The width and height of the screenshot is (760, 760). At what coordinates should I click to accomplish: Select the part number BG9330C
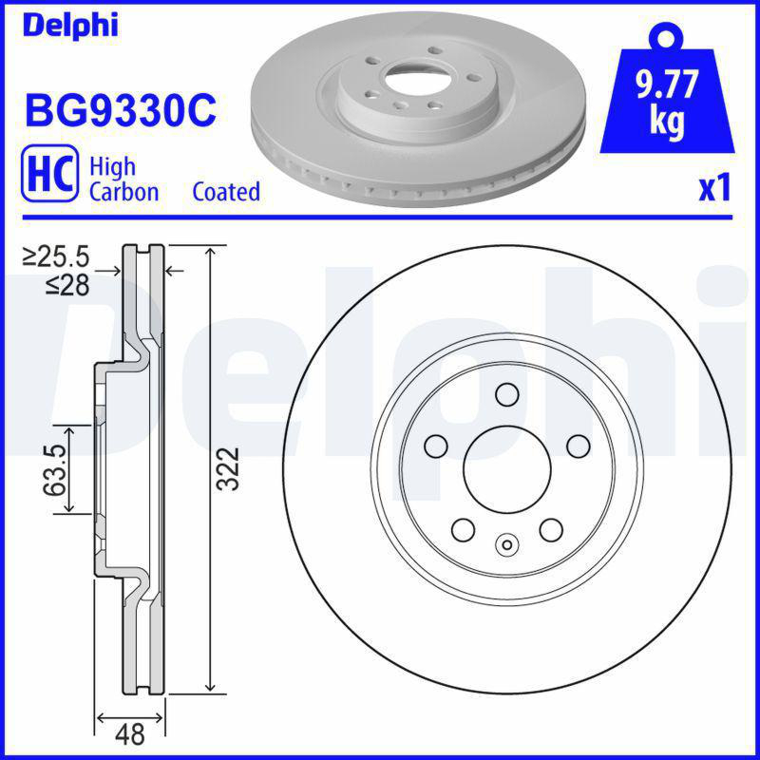(120, 111)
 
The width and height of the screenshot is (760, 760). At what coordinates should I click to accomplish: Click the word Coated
(226, 192)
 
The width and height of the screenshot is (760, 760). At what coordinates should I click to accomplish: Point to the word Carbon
(123, 192)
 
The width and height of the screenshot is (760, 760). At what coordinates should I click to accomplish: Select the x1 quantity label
(714, 188)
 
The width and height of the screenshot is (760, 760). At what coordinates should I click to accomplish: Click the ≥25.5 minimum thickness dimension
(56, 256)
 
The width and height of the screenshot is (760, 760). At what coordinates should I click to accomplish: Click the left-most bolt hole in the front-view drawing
(436, 445)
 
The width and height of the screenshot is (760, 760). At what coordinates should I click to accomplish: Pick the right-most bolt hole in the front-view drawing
(577, 445)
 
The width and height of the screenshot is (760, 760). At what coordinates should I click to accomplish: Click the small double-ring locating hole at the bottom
(506, 544)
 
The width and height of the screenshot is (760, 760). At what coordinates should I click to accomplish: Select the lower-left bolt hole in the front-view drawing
(463, 528)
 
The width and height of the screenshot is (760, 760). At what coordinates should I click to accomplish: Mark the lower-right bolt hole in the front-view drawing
(550, 528)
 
